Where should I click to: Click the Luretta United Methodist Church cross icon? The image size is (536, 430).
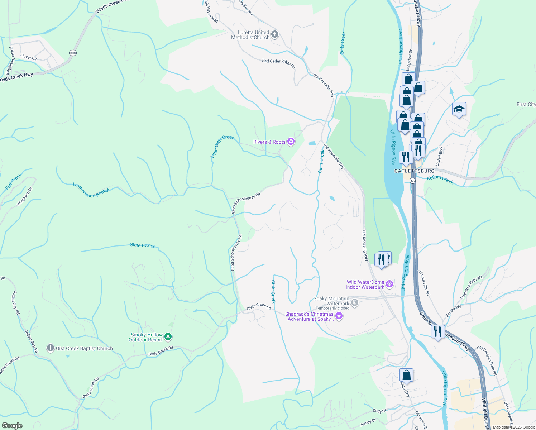[275, 34]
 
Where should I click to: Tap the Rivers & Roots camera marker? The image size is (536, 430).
[291, 142]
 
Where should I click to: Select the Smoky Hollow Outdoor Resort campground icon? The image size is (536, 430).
[168, 337]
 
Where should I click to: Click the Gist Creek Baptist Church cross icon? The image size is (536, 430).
[51, 348]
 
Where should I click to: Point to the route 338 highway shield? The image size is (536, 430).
[73, 53]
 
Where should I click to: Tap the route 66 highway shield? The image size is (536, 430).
[413, 181]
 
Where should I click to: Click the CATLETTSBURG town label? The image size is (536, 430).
[414, 171]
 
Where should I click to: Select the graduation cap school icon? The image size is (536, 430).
[459, 109]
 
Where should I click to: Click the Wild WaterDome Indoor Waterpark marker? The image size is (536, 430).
[389, 285]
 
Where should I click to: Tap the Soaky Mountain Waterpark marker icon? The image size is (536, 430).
[355, 303]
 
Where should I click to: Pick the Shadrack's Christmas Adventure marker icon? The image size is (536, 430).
[339, 316]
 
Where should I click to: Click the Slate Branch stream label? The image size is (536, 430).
[143, 245]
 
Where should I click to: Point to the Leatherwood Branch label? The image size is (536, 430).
[91, 190]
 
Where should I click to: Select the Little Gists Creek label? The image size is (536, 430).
[222, 146]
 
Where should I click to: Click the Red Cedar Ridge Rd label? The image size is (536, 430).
[278, 63]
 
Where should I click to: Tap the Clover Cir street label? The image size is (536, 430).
[29, 57]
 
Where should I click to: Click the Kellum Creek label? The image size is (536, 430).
[440, 180]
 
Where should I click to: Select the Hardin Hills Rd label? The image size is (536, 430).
[424, 283]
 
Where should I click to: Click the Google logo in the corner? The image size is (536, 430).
[12, 425]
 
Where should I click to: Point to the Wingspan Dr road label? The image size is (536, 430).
[24, 196]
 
